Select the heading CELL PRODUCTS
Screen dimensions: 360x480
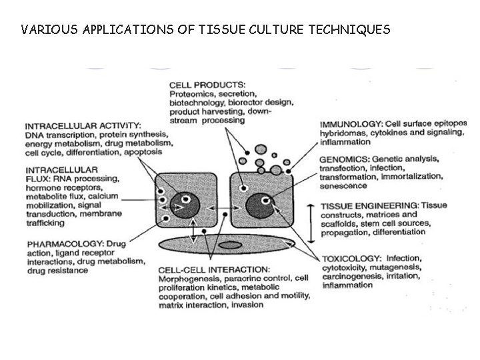pyautogui.click(x=207, y=85)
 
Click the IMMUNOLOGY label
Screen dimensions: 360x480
pyautogui.click(x=351, y=124)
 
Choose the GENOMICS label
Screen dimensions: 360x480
pyautogui.click(x=344, y=160)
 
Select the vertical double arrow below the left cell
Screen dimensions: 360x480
pyautogui.click(x=194, y=231)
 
